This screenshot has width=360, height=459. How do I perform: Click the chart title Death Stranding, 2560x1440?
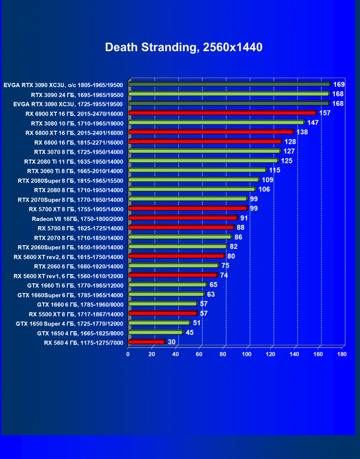(x=183, y=47)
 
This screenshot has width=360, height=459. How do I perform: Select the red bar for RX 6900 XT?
(x=222, y=113)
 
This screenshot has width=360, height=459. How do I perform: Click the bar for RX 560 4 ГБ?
(x=146, y=342)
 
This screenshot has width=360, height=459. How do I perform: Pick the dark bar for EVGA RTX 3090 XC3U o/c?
(x=229, y=84)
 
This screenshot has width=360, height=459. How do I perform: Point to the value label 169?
(x=338, y=84)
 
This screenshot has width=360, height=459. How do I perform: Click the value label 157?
(x=324, y=113)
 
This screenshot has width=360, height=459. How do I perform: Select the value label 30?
(x=171, y=342)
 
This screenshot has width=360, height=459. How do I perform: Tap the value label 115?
(x=274, y=170)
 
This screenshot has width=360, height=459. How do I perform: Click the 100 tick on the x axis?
(x=247, y=353)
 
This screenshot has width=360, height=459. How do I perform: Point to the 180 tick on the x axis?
(x=342, y=353)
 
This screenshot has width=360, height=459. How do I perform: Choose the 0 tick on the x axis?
(x=128, y=353)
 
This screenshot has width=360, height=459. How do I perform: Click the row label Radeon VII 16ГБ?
(x=77, y=219)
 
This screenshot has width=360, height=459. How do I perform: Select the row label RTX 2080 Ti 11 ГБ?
(x=73, y=161)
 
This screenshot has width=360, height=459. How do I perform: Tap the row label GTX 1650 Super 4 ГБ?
(x=70, y=324)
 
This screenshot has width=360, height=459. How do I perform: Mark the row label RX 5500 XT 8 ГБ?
(x=76, y=314)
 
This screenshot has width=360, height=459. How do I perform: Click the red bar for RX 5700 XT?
(x=188, y=208)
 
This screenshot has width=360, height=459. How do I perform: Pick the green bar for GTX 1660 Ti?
(x=167, y=284)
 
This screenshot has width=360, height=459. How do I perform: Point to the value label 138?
(x=302, y=132)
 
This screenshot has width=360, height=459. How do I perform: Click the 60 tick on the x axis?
(x=199, y=353)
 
